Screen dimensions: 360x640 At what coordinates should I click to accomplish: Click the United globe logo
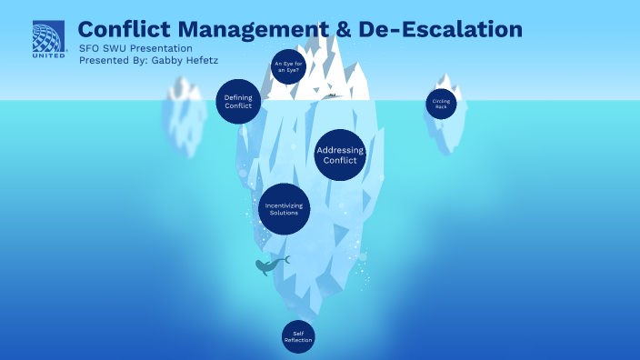[x=48, y=36]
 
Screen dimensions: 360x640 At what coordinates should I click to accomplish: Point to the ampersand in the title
[x=343, y=29]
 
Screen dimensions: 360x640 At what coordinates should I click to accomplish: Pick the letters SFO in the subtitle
[x=90, y=48]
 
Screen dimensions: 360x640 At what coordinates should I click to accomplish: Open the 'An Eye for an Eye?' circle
[x=286, y=66]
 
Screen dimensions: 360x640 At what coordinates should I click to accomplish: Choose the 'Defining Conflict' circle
[x=238, y=100]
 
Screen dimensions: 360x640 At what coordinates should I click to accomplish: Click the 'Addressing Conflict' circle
[x=340, y=155]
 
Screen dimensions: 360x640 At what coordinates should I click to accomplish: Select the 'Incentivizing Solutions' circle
[x=285, y=208]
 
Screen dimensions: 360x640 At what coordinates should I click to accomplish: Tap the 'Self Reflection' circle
[x=297, y=335]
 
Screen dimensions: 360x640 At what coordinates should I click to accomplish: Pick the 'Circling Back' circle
[x=441, y=103]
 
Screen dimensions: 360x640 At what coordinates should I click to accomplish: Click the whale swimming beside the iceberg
[x=268, y=266]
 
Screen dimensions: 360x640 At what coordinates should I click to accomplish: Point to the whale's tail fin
[x=285, y=260]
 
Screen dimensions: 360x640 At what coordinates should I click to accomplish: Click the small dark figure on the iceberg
[x=333, y=95]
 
